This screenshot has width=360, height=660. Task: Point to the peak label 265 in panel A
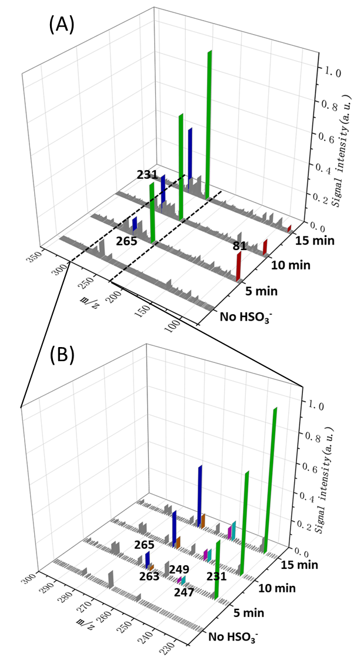[x=126, y=241]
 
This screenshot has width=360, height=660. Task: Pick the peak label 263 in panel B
[x=149, y=576]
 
